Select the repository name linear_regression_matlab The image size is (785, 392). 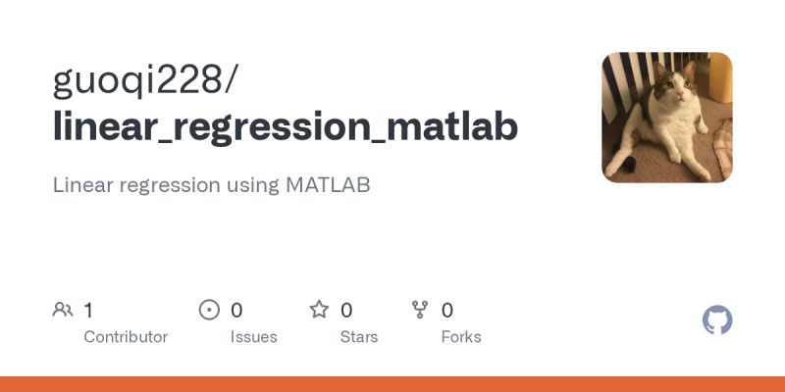tap(285, 127)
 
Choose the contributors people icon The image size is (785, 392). tap(63, 311)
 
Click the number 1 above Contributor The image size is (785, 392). tap(88, 311)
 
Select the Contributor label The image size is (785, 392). tap(126, 337)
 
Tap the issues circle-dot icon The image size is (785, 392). tap(209, 311)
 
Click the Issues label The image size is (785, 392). tap(254, 337)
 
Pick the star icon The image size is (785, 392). tap(319, 311)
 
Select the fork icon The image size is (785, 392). tap(421, 311)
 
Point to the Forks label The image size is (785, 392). tap(461, 337)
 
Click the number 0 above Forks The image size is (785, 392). tap(447, 311)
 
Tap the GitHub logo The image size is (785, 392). tap(718, 320)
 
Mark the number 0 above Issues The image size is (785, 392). tap(236, 311)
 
